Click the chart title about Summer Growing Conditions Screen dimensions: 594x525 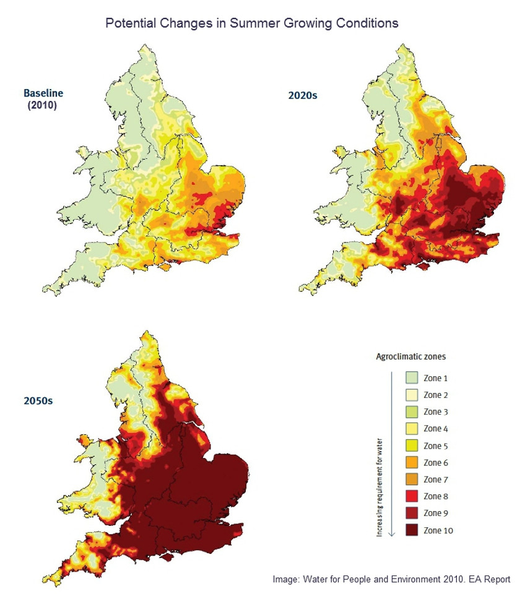[x=251, y=24]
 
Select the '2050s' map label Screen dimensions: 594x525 [x=39, y=400]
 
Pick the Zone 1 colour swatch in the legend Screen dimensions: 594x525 [x=412, y=378]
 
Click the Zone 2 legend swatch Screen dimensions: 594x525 [x=412, y=395]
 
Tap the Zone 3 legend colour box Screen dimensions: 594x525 [x=412, y=412]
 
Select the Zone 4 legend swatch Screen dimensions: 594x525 [x=412, y=429]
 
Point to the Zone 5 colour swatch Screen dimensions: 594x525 [x=412, y=446]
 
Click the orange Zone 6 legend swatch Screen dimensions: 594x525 [x=412, y=463]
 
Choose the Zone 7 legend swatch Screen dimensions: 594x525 [x=412, y=480]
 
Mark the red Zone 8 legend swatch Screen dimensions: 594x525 [x=412, y=497]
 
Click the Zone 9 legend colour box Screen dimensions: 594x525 [x=412, y=514]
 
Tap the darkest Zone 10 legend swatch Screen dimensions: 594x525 [x=412, y=530]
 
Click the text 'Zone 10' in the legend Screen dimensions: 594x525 [x=441, y=530]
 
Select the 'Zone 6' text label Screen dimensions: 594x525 [x=439, y=463]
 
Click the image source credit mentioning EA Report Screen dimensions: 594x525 [x=391, y=580]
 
